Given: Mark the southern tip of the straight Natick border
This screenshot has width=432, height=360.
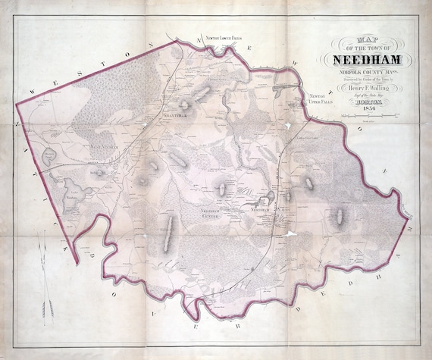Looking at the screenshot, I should click(76, 262).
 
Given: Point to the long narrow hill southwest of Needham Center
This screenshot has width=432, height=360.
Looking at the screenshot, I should click(171, 228).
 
